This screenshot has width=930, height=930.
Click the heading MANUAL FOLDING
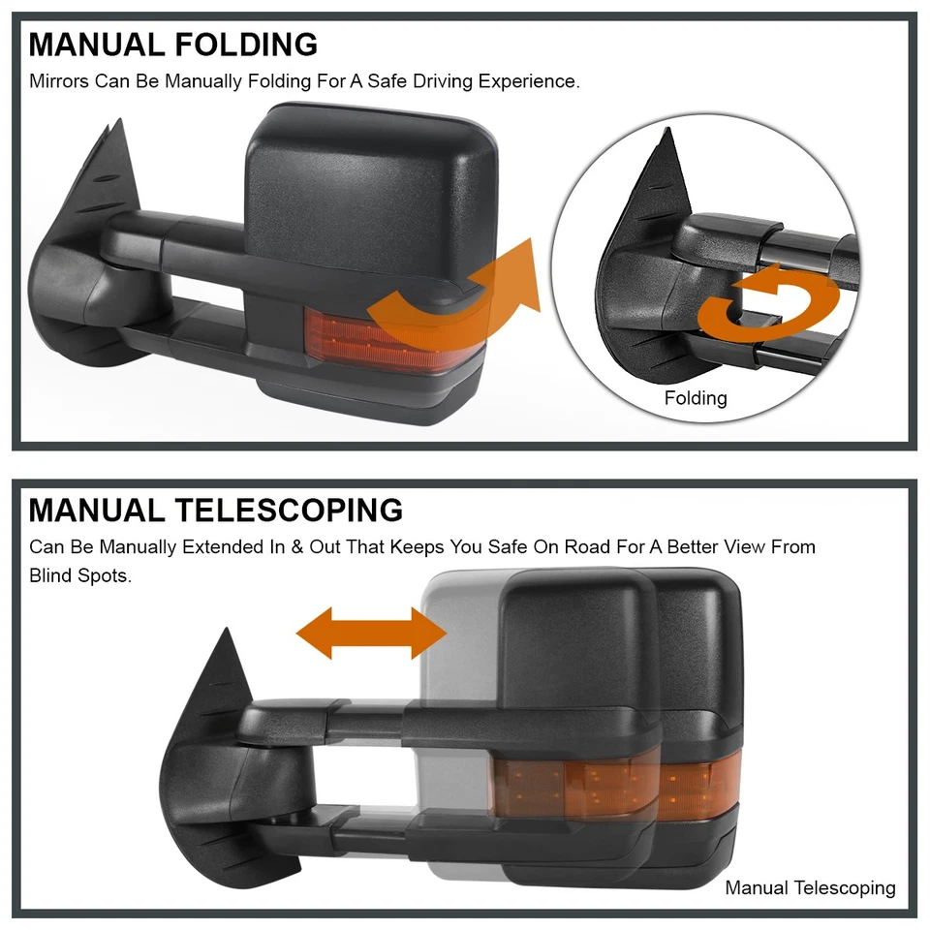coord(172,45)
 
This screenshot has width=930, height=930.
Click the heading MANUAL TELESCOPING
coord(215,511)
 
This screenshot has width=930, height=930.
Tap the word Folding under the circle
coord(695,398)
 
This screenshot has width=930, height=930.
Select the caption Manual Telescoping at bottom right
coord(810,887)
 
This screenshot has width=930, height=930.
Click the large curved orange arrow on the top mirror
coord(455,295)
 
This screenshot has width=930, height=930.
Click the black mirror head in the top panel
coord(368,194)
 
